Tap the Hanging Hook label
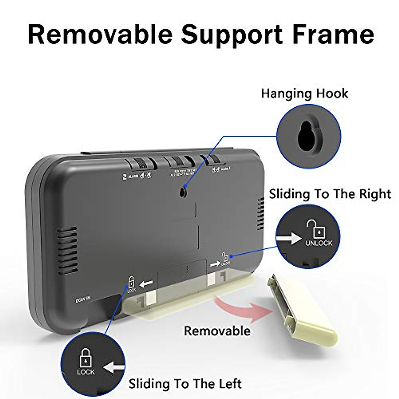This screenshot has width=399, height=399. (304, 93)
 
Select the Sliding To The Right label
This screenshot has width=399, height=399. (330, 194)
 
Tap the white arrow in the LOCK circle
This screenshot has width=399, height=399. (114, 368)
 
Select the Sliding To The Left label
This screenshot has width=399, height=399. (185, 384)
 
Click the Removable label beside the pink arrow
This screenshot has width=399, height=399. (217, 331)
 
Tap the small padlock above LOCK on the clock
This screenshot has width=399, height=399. (132, 282)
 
